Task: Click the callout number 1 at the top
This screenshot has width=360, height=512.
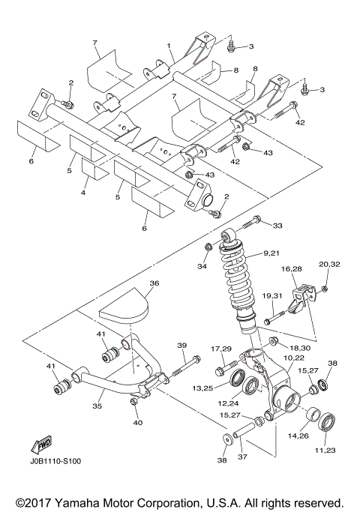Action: click(169, 46)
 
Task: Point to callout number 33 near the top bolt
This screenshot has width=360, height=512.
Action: click(277, 225)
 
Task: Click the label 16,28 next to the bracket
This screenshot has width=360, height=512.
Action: click(291, 268)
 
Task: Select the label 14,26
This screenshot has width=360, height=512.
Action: click(299, 435)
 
